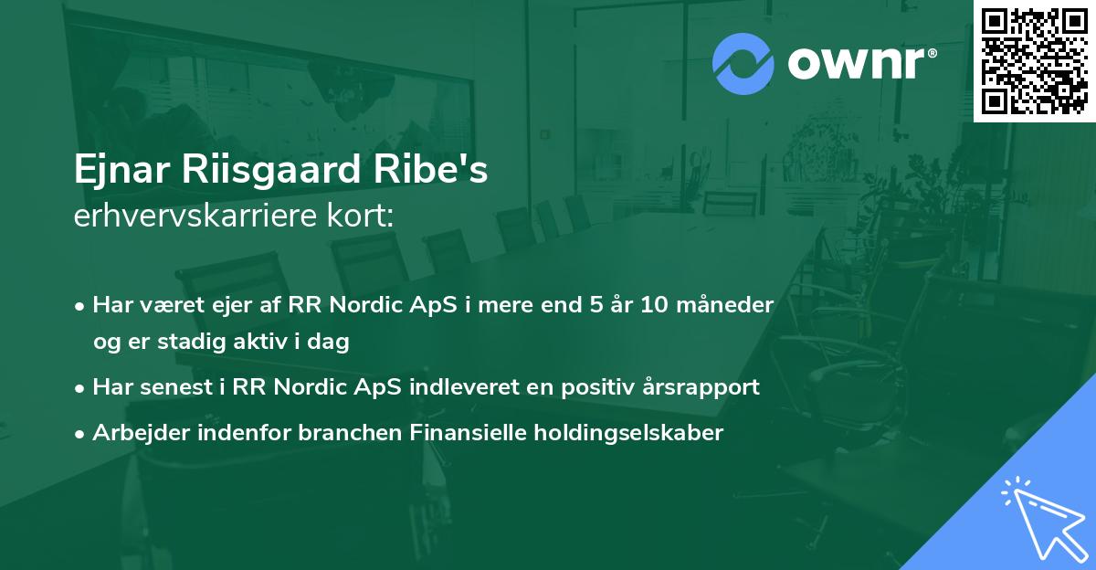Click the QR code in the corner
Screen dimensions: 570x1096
(1034, 60)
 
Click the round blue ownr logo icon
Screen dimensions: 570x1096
(743, 63)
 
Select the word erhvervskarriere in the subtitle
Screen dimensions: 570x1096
(186, 217)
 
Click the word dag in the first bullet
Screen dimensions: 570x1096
(332, 343)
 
